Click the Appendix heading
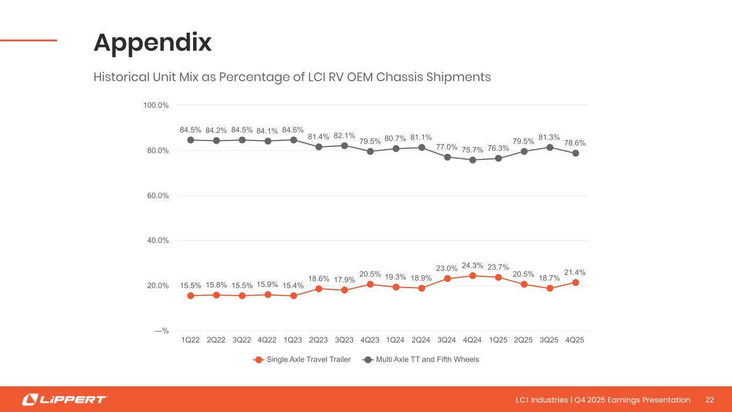[x=153, y=43]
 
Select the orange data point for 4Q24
[x=472, y=276]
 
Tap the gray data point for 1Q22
[x=190, y=140]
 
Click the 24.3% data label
[x=472, y=266]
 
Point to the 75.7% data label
[x=472, y=149]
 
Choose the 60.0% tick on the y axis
[x=158, y=196]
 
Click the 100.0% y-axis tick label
[x=156, y=105]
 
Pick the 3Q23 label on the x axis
[x=344, y=340]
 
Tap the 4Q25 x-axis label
[x=575, y=340]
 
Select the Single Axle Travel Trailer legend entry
[x=302, y=359]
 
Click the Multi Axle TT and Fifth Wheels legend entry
[x=421, y=359]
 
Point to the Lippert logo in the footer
[x=64, y=400]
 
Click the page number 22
[x=709, y=400]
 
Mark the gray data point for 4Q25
[x=575, y=153]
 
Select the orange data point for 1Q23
[x=293, y=296]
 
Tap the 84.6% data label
[x=293, y=130]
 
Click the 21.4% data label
[x=575, y=273]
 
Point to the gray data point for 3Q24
[x=447, y=157]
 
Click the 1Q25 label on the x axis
[x=498, y=340]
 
